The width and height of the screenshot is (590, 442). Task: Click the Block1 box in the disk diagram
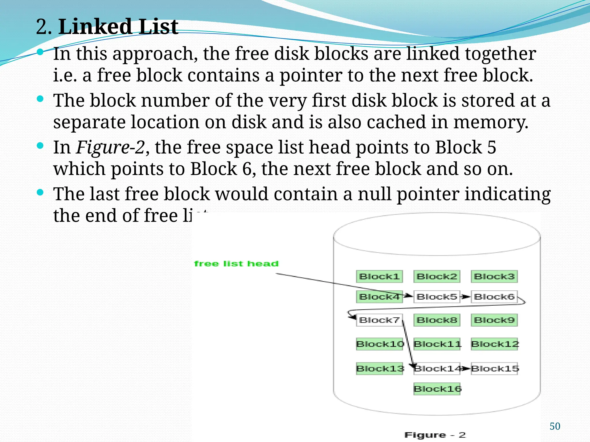pos(379,277)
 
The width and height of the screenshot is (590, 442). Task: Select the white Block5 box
pos(437,297)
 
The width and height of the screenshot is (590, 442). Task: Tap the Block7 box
pos(379,320)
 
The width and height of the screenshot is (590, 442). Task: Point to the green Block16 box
pos(437,389)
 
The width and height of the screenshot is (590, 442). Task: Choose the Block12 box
pos(495,344)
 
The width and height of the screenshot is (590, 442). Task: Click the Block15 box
pos(495,369)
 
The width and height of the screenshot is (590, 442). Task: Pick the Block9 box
pos(494,320)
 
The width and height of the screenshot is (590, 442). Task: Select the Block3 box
pos(494,277)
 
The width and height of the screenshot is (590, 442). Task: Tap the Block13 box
pos(380,369)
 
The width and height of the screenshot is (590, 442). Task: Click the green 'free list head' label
pos(236,264)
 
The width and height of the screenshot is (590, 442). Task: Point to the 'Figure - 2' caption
pos(435,435)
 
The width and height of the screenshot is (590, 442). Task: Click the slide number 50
pos(555,426)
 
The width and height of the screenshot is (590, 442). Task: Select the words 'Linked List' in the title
pos(118,26)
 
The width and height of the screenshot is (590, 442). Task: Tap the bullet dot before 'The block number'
pos(40,99)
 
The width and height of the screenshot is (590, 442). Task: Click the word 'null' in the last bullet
pos(374,194)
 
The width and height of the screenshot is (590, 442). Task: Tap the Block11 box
pos(437,344)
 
